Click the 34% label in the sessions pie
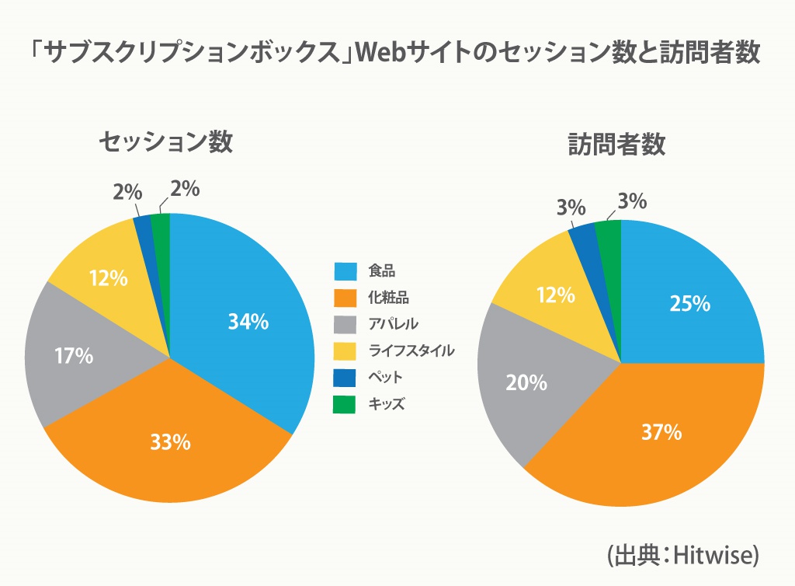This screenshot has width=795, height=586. [x=248, y=321]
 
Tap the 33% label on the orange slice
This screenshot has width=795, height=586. [x=170, y=442]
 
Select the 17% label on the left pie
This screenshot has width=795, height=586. [x=74, y=356]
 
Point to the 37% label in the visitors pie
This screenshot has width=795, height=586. [x=661, y=431]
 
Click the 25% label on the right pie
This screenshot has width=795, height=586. [x=690, y=303]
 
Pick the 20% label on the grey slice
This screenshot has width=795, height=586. [x=526, y=382]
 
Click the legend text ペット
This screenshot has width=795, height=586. [x=386, y=377]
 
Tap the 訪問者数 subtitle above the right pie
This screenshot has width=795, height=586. [x=616, y=145]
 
